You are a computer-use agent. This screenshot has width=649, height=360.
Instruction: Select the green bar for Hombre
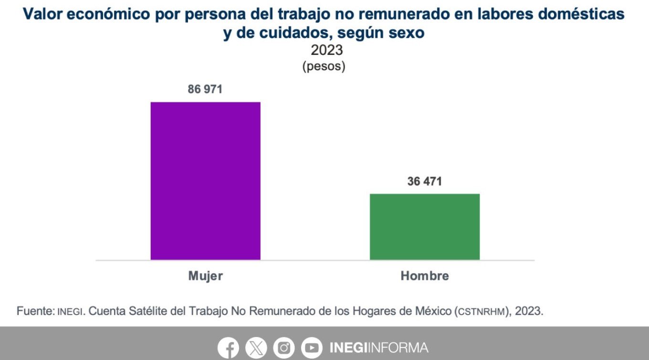click(x=425, y=226)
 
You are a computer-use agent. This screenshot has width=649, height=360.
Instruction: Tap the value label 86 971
click(x=205, y=89)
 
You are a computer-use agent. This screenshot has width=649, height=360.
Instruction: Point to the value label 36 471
click(x=425, y=181)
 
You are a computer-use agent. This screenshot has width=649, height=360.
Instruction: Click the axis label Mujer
click(x=206, y=276)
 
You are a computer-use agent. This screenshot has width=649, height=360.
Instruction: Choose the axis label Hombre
click(x=425, y=276)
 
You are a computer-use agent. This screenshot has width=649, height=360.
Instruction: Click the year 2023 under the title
click(x=327, y=50)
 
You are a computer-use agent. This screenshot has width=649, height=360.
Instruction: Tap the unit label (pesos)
click(x=324, y=66)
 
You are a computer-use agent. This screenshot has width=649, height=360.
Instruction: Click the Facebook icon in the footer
click(x=228, y=348)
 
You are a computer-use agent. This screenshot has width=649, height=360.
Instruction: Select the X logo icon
click(x=256, y=348)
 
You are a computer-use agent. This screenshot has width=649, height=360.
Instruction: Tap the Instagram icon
click(x=283, y=348)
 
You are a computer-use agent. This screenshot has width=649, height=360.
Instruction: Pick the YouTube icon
click(x=311, y=348)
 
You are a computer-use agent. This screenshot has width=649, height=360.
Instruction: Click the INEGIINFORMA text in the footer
click(x=379, y=348)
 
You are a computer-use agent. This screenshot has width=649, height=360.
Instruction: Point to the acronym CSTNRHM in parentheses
click(x=482, y=312)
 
